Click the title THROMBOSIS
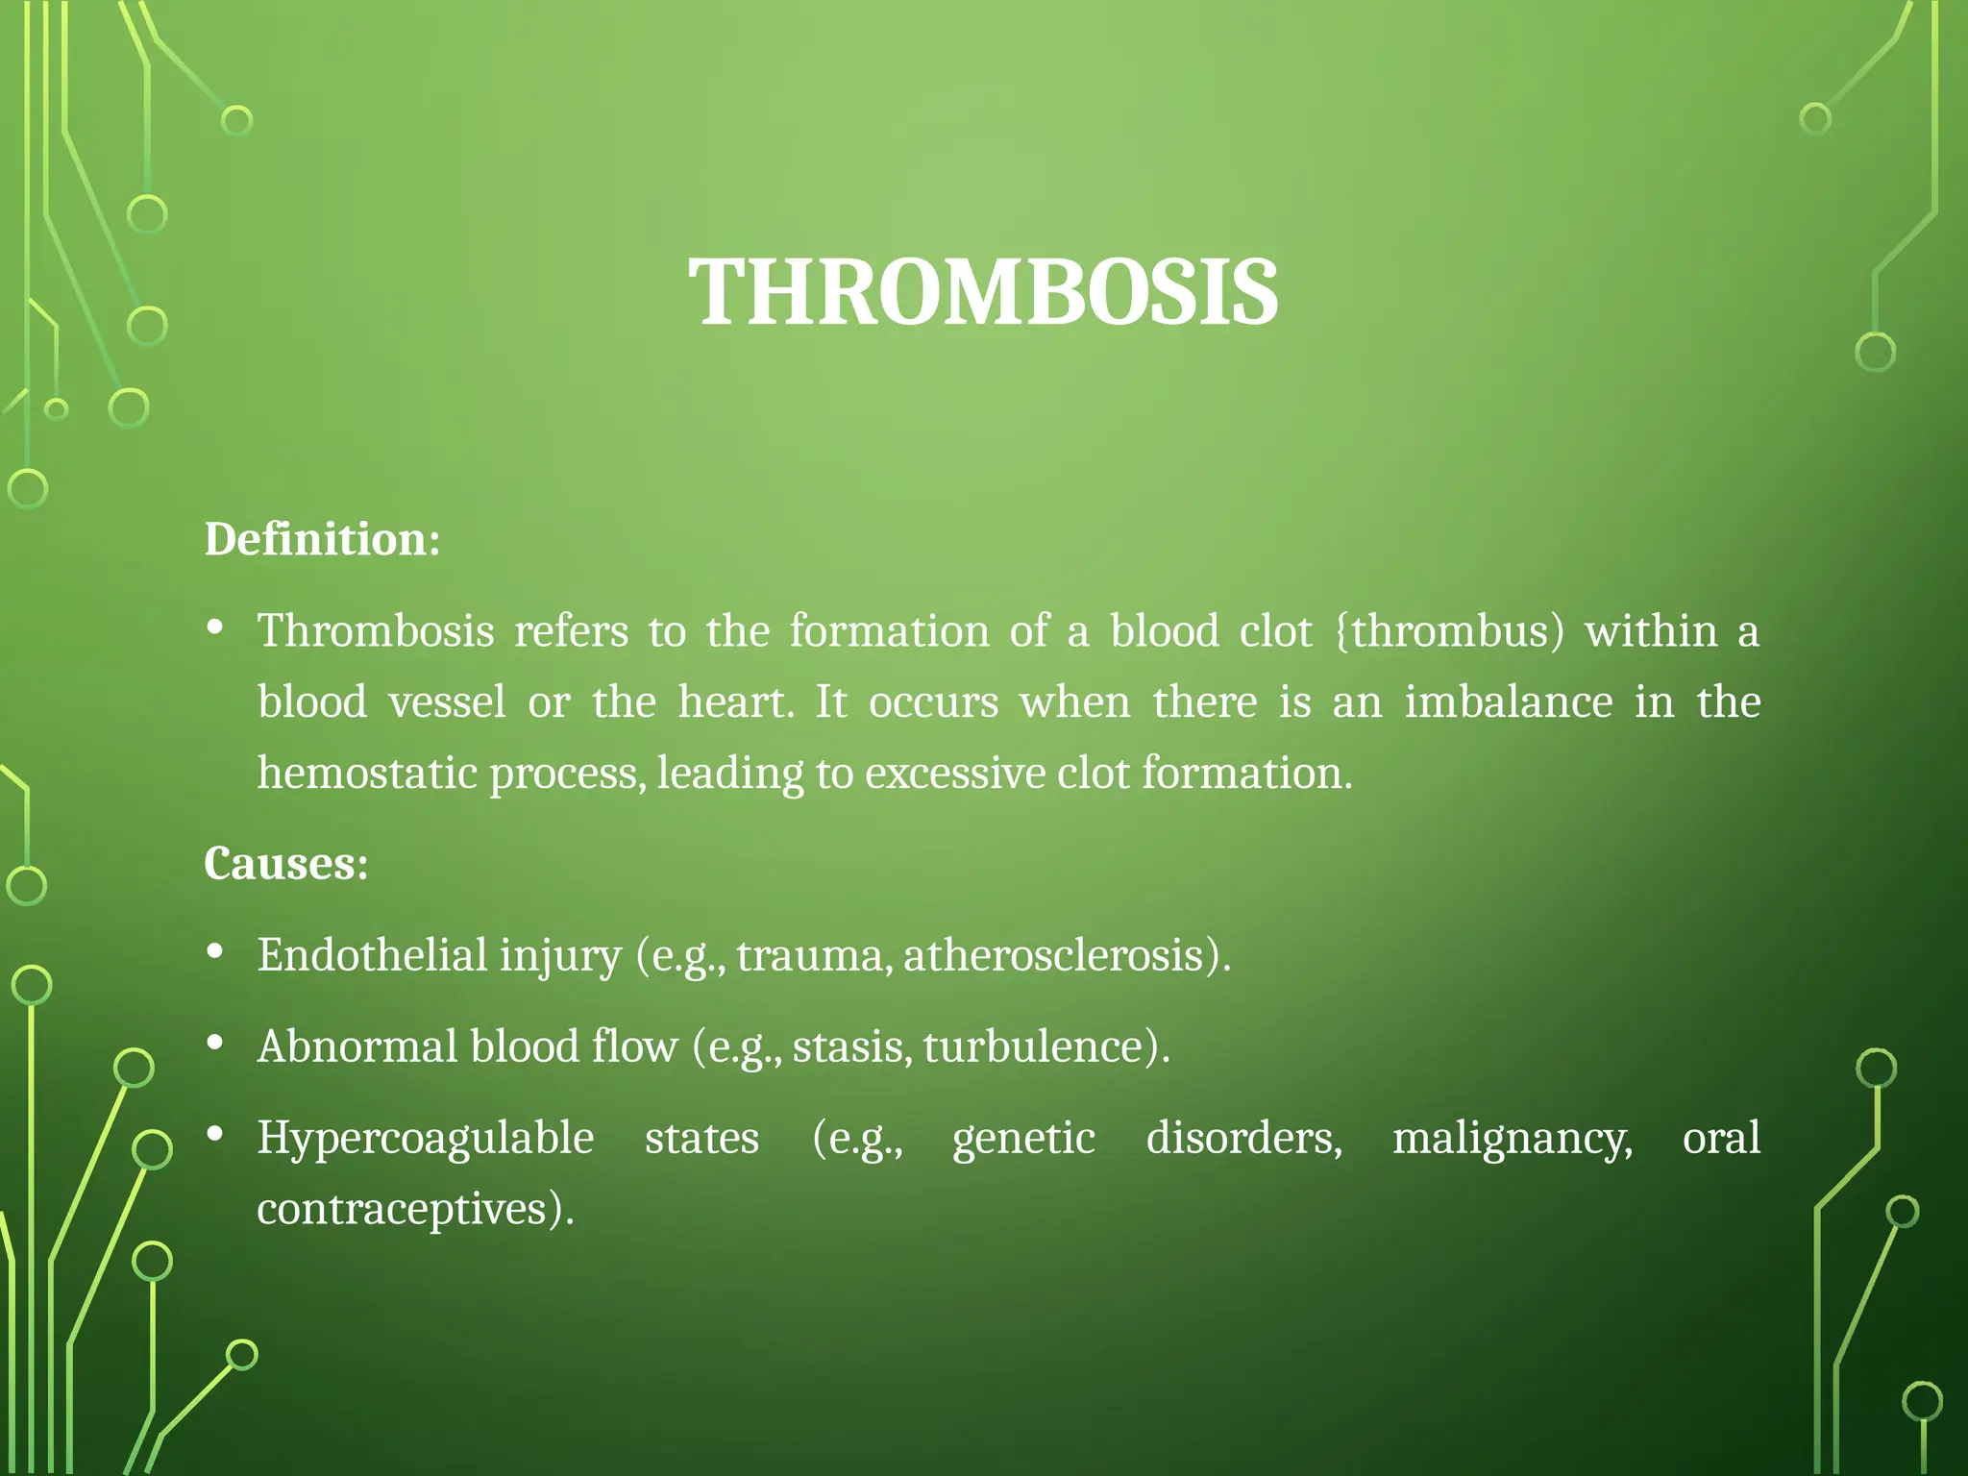coord(983,292)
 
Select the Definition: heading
coord(322,539)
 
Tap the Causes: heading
coord(285,863)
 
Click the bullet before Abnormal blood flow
coord(215,1043)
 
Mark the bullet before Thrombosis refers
coord(215,628)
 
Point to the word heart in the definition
coord(733,702)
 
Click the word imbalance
coord(1508,702)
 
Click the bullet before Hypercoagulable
coord(215,1134)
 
